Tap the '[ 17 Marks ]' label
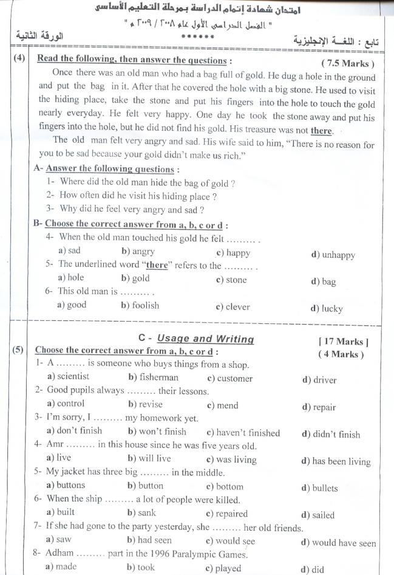[343, 342]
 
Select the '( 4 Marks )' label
[341, 354]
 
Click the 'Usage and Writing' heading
[205, 339]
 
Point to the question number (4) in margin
[18, 60]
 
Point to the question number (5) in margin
[18, 350]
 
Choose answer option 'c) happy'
[233, 253]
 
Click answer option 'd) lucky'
[327, 309]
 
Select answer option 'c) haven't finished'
[243, 433]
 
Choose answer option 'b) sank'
[141, 513]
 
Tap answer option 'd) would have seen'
[338, 543]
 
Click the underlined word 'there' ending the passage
[321, 131]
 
